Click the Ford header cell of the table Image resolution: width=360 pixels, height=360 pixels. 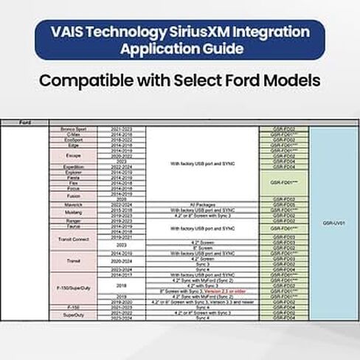[24, 122]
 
